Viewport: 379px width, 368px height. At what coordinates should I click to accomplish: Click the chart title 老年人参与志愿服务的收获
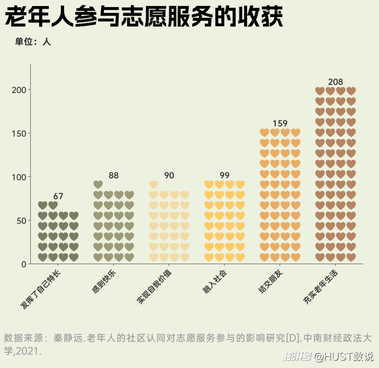click(144, 18)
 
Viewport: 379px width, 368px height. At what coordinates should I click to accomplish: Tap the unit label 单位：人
click(33, 42)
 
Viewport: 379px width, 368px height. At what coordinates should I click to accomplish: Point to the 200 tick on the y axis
click(19, 90)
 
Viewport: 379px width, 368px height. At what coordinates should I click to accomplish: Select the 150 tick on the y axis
click(19, 133)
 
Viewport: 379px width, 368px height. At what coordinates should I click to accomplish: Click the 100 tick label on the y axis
click(19, 177)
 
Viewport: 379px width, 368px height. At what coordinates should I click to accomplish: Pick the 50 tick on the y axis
click(21, 221)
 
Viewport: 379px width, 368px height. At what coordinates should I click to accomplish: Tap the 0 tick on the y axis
click(24, 264)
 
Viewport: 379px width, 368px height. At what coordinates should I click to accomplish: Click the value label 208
click(335, 82)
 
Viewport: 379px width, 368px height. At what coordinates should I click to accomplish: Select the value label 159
click(280, 124)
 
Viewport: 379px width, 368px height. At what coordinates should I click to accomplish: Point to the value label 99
click(224, 175)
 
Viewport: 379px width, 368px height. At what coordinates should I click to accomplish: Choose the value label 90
click(169, 175)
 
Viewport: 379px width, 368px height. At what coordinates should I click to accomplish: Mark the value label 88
click(114, 175)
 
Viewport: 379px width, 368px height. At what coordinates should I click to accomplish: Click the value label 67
click(58, 196)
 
